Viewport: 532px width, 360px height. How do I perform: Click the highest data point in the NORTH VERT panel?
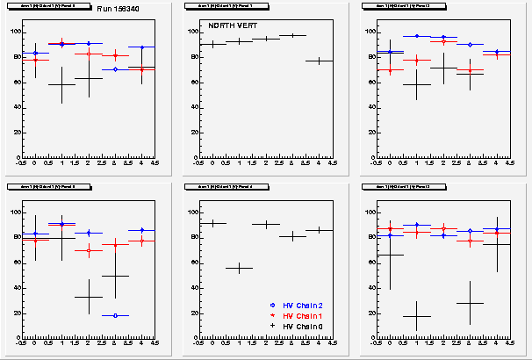(x=292, y=35)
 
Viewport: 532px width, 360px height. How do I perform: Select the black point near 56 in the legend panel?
(x=239, y=268)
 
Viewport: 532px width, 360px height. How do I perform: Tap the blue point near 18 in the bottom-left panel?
(x=115, y=315)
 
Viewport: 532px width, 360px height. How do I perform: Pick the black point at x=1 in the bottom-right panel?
(x=416, y=316)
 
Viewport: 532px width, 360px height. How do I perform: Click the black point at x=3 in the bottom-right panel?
(x=470, y=303)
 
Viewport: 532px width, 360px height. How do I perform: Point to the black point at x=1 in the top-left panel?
(x=61, y=84)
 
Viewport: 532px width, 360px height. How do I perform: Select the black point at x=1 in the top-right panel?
(x=416, y=84)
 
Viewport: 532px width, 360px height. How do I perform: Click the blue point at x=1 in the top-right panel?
(x=416, y=36)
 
